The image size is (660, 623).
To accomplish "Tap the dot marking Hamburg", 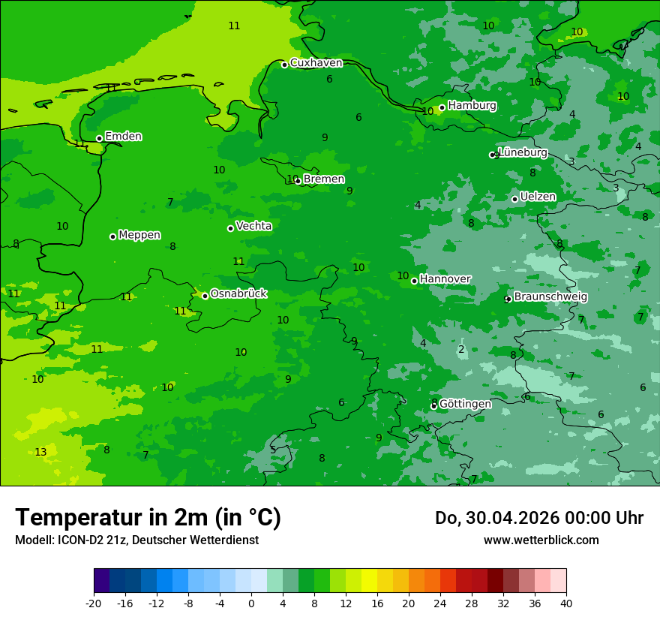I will pos(442,107).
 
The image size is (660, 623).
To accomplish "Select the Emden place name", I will pos(123,137).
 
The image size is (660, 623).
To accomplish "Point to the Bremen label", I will pos(324,179).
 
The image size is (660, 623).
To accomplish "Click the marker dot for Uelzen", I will pos(514,199).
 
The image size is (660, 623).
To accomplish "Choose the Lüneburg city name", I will pos(523,153).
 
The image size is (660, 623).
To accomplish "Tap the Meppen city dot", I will pos(112,236).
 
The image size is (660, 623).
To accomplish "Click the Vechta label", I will pos(253,226).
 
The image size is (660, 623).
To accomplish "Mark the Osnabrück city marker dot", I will pos(205,296).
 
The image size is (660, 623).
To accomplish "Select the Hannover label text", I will pos(445,279).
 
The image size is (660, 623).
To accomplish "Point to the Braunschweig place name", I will pos(550,297).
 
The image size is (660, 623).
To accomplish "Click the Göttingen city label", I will pos(465,404).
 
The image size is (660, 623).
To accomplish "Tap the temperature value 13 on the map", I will pos(40,452).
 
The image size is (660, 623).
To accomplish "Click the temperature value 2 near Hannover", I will pos(461,349).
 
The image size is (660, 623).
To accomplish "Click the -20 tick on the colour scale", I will pos(94,603).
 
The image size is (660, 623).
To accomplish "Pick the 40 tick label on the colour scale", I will pos(566,603).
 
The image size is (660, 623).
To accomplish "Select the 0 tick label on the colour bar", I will pos(251,603).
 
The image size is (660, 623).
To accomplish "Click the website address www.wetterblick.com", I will pos(541,540).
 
